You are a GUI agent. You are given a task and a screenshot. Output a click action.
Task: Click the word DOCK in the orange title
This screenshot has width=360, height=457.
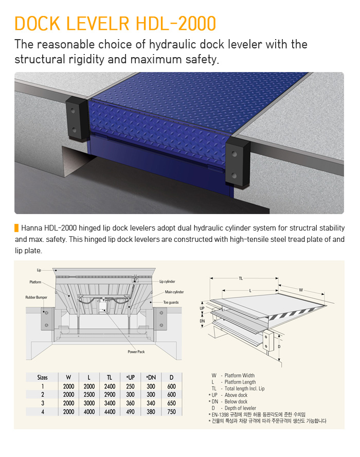coord(37,23)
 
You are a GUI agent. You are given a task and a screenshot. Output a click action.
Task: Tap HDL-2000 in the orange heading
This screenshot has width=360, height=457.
coord(176,23)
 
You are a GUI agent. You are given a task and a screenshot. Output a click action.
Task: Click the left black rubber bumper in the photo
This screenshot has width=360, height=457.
coord(77,119)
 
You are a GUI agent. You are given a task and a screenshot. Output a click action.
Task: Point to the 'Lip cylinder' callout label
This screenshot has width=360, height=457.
coord(167,282)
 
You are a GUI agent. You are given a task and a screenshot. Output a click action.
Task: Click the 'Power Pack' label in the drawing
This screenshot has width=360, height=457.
coord(136,352)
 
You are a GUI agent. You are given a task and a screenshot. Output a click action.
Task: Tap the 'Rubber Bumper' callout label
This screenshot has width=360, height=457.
coord(36,297)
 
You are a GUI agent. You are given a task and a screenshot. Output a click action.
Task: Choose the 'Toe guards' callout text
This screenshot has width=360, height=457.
coord(171,302)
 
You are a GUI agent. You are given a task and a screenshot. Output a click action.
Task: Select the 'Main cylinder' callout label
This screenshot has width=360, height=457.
coord(174,292)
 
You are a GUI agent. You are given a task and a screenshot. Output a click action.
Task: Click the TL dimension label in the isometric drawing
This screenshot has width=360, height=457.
coord(241,278)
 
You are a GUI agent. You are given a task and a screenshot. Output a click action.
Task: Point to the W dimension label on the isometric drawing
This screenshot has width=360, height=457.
coord(301,290)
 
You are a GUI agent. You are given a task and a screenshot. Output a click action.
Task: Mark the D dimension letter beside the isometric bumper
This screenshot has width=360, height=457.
coord(279,346)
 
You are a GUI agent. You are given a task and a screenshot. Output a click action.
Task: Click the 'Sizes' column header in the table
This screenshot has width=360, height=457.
coord(42,377)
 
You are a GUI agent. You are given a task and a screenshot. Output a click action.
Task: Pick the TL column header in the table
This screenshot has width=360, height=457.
coord(109,377)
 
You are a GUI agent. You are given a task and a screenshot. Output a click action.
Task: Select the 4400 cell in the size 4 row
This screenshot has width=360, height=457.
coord(110,412)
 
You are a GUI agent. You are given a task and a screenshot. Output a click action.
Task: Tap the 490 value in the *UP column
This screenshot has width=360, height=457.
coord(130,412)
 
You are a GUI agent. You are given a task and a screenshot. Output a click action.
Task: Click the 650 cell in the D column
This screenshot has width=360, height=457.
coord(172,403)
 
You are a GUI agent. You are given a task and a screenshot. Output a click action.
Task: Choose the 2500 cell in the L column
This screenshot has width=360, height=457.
coord(89,395)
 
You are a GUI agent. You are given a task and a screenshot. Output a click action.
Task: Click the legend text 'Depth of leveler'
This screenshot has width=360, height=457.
coord(240,408)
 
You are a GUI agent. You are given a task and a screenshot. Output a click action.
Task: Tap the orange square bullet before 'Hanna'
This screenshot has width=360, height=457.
coord(16,228)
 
